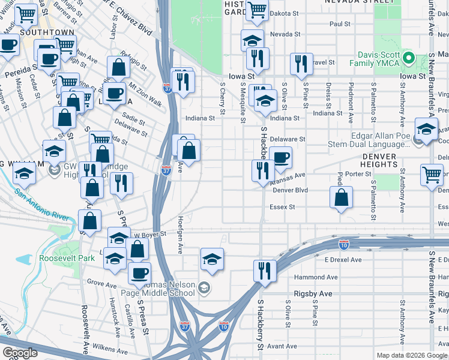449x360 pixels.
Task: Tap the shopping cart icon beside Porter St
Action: pyautogui.click(x=432, y=175)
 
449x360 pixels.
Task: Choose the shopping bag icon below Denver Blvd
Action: pyautogui.click(x=341, y=197)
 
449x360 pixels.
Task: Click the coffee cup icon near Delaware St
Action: pyautogui.click(x=280, y=158)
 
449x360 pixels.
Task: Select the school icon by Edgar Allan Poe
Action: pyautogui.click(x=426, y=130)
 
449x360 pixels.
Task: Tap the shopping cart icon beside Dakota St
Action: pyautogui.click(x=256, y=10)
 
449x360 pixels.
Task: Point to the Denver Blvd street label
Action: pyautogui.click(x=290, y=190)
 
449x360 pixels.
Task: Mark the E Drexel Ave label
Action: pyautogui.click(x=343, y=260)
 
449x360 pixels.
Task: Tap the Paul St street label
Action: pyautogui.click(x=339, y=24)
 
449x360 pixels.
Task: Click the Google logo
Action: pyautogui.click(x=20, y=353)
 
